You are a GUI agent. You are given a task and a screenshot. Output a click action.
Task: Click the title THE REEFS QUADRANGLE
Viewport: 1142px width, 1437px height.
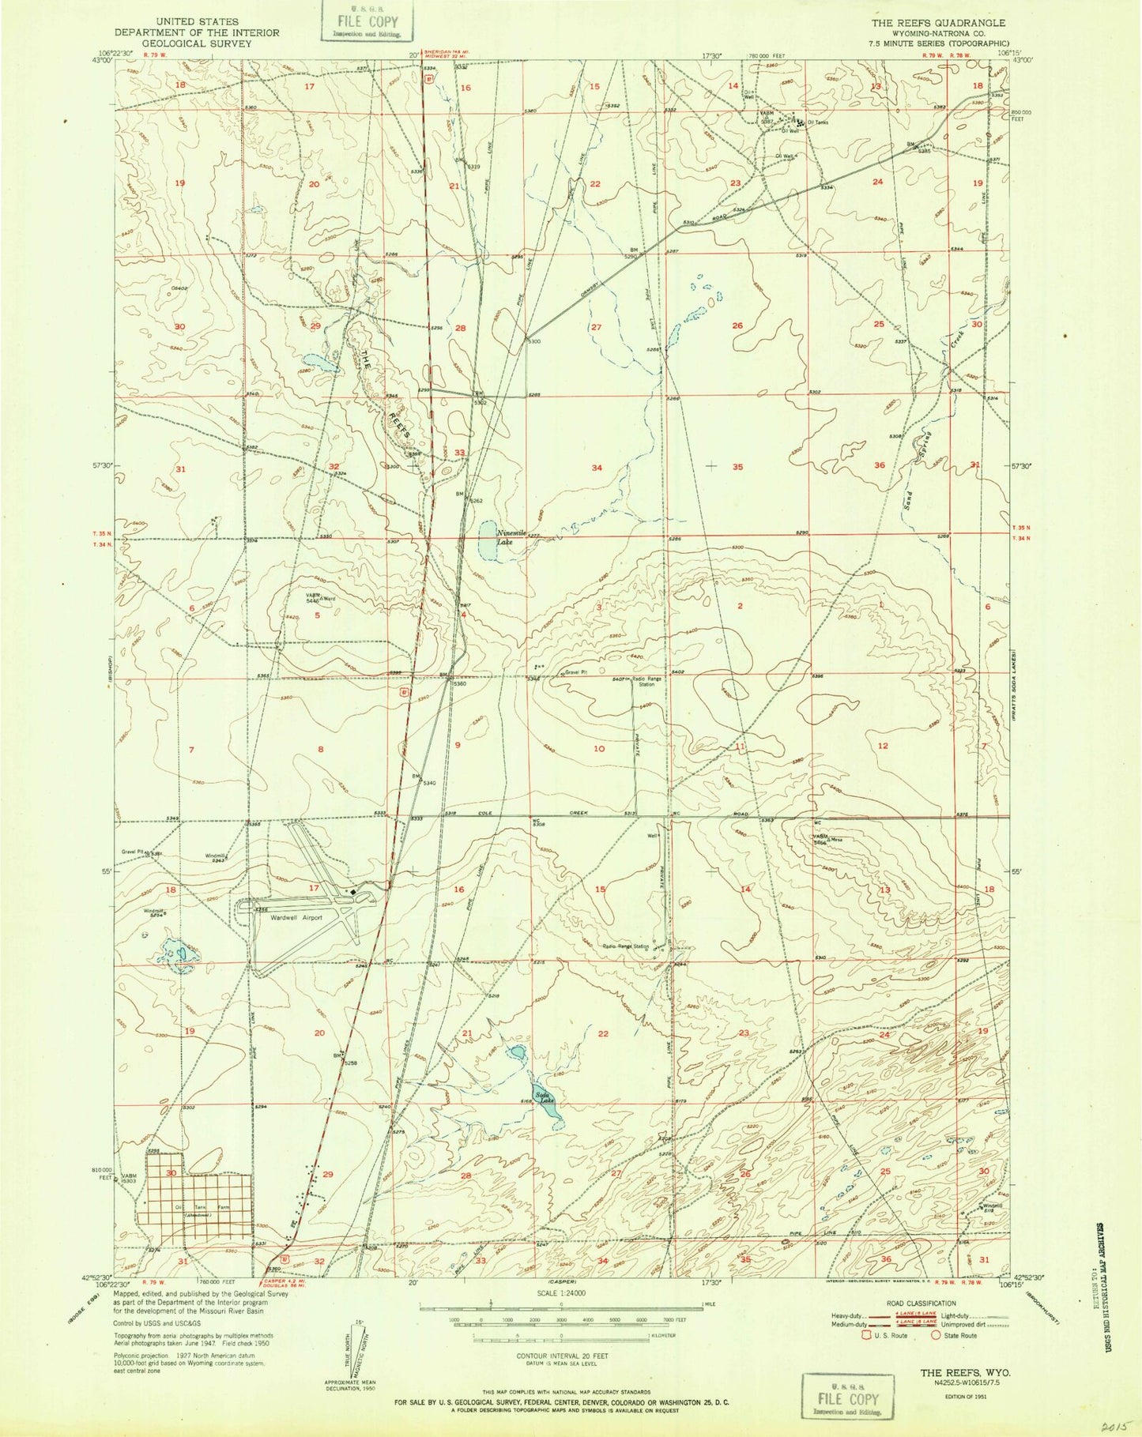(x=937, y=23)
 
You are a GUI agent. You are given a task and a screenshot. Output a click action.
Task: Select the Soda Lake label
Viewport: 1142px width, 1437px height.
(x=542, y=1097)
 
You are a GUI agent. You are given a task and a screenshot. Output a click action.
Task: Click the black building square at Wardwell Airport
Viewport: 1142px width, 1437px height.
(x=353, y=893)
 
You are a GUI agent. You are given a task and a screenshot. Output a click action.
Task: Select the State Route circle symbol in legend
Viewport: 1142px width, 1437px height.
(x=936, y=1335)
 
